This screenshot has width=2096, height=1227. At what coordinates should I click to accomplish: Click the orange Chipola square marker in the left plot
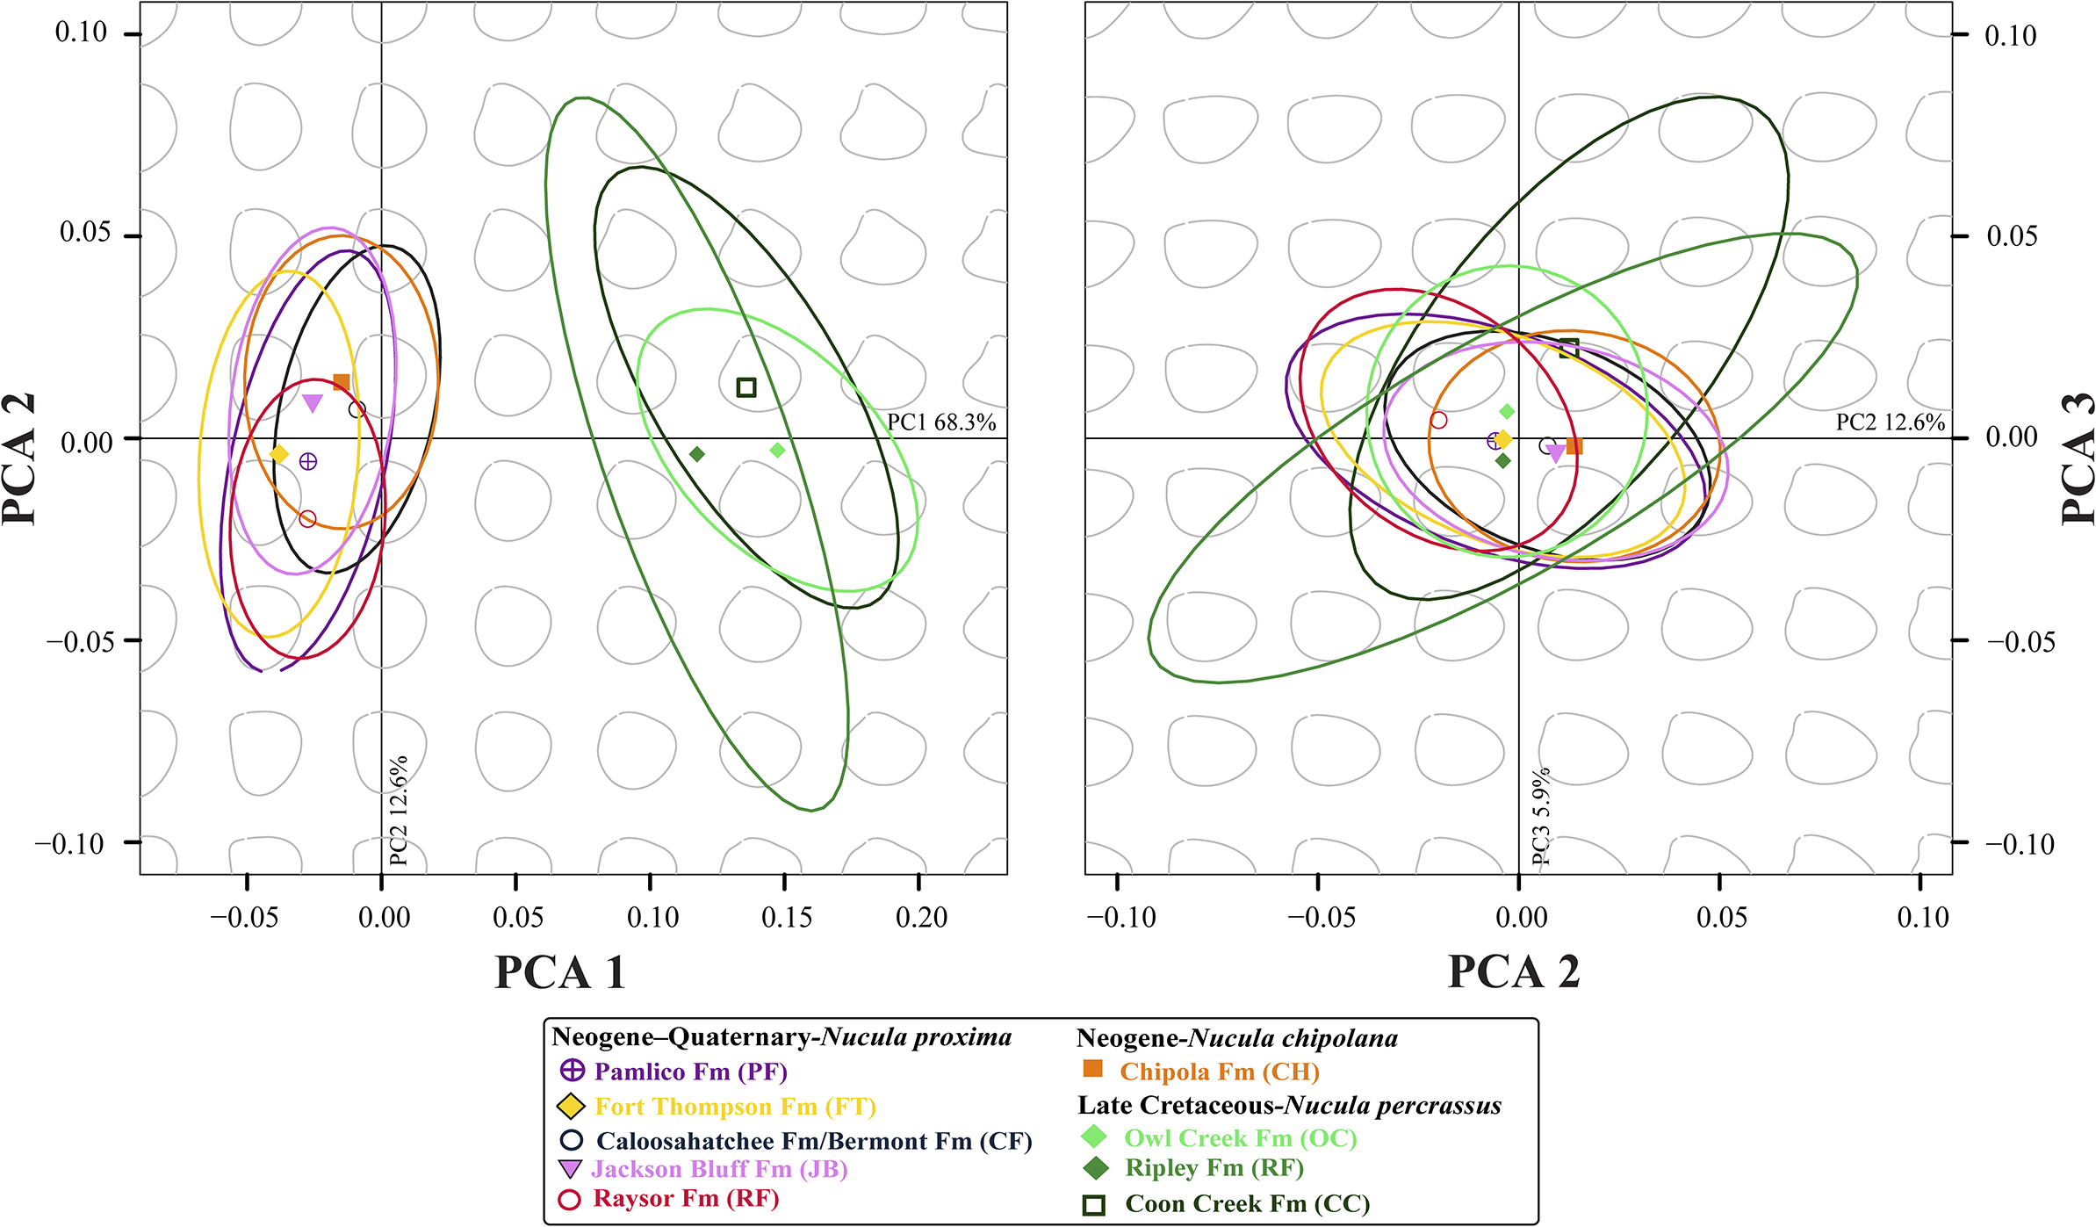pos(342,383)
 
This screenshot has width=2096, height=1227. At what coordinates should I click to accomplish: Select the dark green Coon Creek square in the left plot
pos(746,387)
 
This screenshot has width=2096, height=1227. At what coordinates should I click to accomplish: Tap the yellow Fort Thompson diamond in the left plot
pos(279,454)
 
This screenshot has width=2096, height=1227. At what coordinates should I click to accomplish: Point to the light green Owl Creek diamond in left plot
pos(777,451)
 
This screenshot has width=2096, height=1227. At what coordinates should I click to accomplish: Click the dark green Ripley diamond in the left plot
pos(697,454)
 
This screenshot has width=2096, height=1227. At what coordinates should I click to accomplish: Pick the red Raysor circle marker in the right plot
pos(1438,420)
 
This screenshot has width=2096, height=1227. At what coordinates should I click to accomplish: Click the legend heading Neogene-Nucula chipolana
pos(1237,1038)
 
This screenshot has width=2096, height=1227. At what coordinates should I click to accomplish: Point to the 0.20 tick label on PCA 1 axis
pos(921,918)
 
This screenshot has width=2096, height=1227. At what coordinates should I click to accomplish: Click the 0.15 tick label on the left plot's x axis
pos(787,918)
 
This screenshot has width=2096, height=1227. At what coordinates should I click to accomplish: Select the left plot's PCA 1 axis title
pos(560,972)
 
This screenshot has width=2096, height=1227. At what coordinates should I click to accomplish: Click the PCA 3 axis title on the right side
pos(2076,458)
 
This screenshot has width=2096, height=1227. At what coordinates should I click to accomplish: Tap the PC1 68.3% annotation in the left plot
pos(941,422)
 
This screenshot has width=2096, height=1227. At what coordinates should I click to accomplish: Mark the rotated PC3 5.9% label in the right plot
pos(1541,817)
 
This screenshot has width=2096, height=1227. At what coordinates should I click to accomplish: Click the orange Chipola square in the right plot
pos(1574,446)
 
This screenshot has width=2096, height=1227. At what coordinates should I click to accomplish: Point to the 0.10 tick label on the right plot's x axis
pos(1923,918)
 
